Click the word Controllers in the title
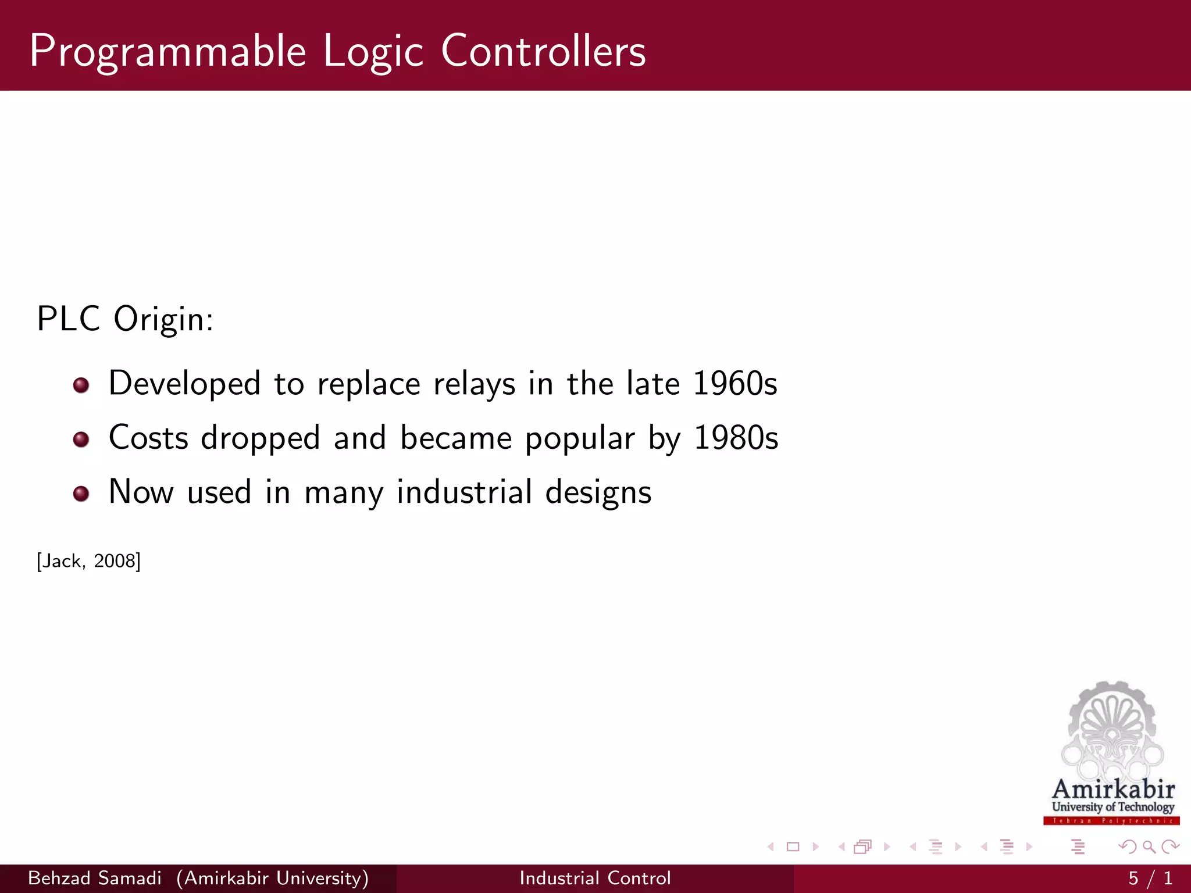pyautogui.click(x=543, y=51)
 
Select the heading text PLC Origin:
pyautogui.click(x=125, y=319)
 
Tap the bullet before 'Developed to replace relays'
pyautogui.click(x=81, y=385)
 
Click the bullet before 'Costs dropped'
pyautogui.click(x=81, y=440)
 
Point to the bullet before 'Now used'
pyautogui.click(x=81, y=494)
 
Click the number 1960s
pyautogui.click(x=735, y=384)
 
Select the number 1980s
pyautogui.click(x=736, y=438)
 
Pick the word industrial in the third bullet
pyautogui.click(x=464, y=492)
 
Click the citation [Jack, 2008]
pyautogui.click(x=88, y=561)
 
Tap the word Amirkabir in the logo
pyautogui.click(x=1113, y=790)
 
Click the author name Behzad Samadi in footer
pyautogui.click(x=95, y=878)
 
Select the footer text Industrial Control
pyautogui.click(x=595, y=878)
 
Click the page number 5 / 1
pyautogui.click(x=1150, y=878)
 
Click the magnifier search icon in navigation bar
pyautogui.click(x=1149, y=846)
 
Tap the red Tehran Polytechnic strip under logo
pyautogui.click(x=1111, y=821)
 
